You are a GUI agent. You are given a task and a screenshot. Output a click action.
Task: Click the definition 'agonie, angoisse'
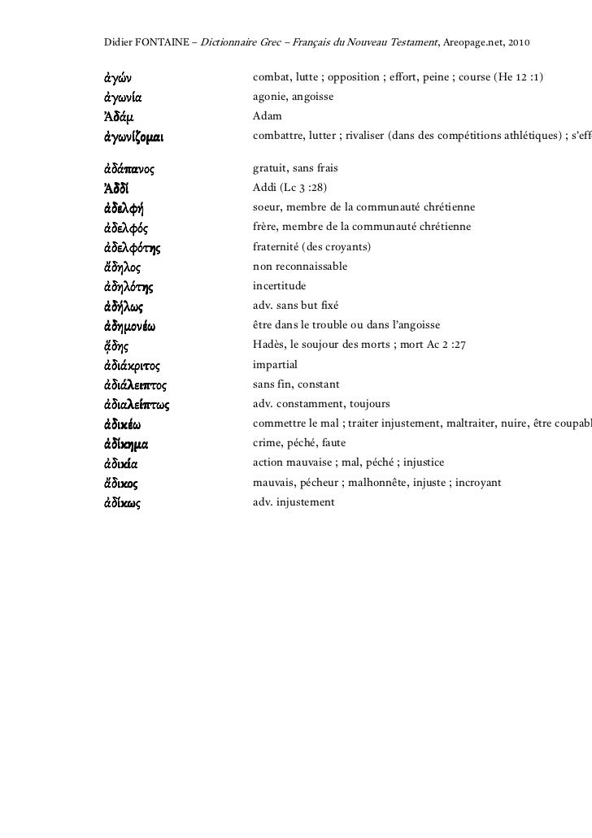point(293,97)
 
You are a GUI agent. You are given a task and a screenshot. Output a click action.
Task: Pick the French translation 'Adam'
point(268,116)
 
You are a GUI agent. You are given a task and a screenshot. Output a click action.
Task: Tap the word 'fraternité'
point(276,246)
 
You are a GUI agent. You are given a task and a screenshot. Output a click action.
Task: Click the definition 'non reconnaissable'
point(300,266)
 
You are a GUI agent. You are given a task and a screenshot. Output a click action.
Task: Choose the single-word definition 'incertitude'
point(280,286)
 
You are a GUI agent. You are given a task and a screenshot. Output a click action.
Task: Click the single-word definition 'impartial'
point(276,365)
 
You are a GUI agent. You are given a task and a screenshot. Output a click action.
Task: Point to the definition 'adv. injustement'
point(294,502)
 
